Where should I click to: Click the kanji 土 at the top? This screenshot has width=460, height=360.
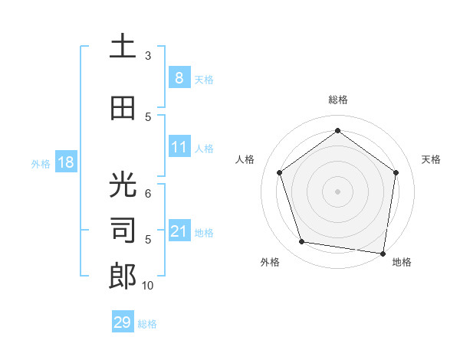click(x=123, y=47)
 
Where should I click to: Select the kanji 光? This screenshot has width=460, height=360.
click(x=123, y=185)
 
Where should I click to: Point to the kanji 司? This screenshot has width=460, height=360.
click(x=123, y=231)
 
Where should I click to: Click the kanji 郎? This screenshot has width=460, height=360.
click(x=123, y=276)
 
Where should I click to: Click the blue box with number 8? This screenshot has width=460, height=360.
click(x=179, y=77)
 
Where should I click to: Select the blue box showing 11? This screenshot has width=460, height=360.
click(x=179, y=147)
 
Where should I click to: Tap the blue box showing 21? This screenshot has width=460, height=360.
click(x=179, y=231)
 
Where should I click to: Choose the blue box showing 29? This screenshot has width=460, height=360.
click(x=122, y=322)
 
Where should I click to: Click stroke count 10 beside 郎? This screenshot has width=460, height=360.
click(x=148, y=286)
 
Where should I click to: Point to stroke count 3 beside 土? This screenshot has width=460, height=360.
click(x=148, y=56)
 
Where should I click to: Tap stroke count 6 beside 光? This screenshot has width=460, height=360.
click(x=148, y=194)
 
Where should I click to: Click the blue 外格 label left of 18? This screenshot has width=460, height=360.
click(x=41, y=163)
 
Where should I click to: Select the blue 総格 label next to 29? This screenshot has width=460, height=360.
click(x=147, y=324)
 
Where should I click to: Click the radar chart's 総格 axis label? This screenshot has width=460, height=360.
click(x=337, y=100)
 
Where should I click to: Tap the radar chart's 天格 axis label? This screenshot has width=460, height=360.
click(x=431, y=159)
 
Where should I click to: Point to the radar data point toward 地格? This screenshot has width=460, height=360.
click(x=383, y=253)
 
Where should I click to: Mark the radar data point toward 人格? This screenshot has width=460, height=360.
click(x=279, y=172)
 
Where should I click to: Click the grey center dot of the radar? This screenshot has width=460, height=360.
click(x=337, y=191)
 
